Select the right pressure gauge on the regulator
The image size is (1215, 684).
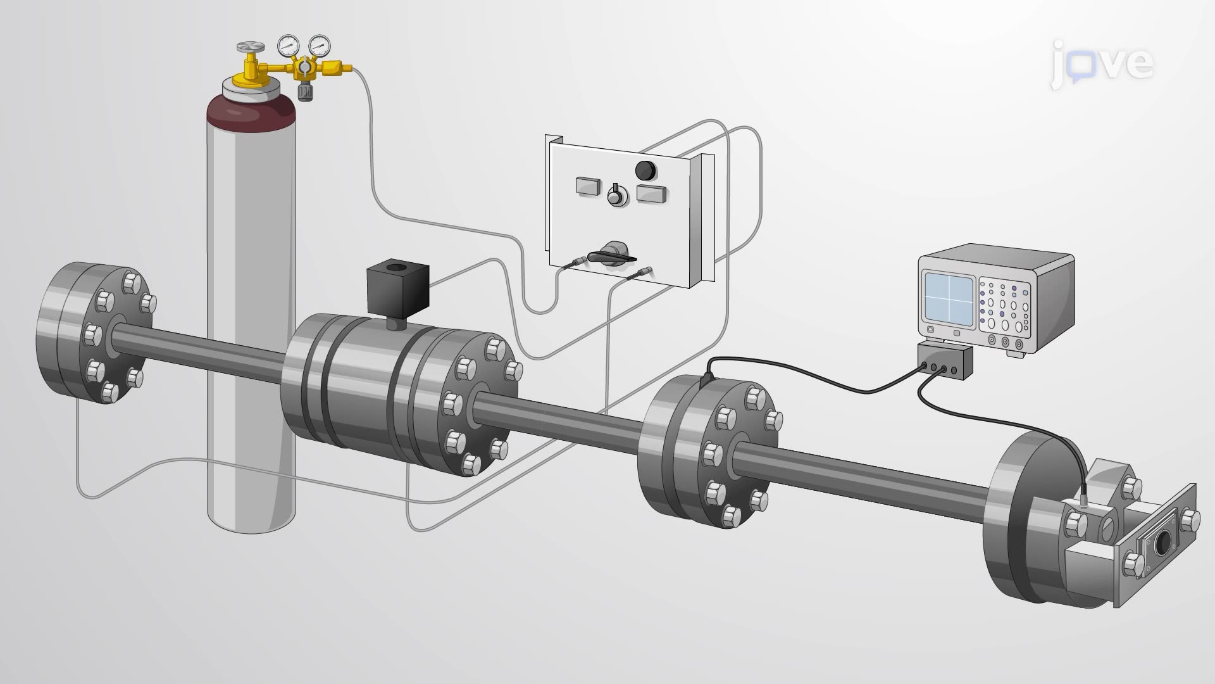[319, 45]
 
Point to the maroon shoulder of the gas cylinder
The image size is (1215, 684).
[251, 114]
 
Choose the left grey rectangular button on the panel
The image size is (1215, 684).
[589, 186]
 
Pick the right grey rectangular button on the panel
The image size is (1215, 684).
[651, 194]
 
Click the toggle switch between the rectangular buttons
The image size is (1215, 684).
[615, 196]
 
